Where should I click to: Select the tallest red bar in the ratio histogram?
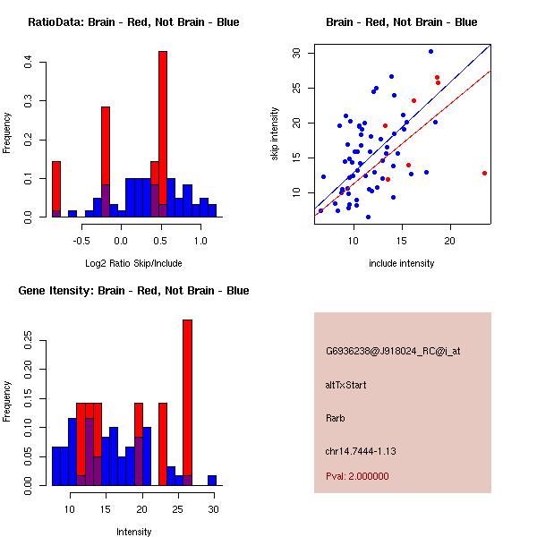pos(163,134)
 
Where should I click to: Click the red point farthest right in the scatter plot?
pos(484,173)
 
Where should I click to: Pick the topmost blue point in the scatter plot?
pos(430,51)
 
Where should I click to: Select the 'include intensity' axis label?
pos(402,263)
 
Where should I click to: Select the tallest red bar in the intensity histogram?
pos(187,402)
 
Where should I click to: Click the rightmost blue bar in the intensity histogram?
pos(212,480)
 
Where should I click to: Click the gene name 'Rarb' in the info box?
pos(335,418)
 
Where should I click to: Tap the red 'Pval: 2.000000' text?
pos(357,476)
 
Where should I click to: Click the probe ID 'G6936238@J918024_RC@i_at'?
pos(393,352)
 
